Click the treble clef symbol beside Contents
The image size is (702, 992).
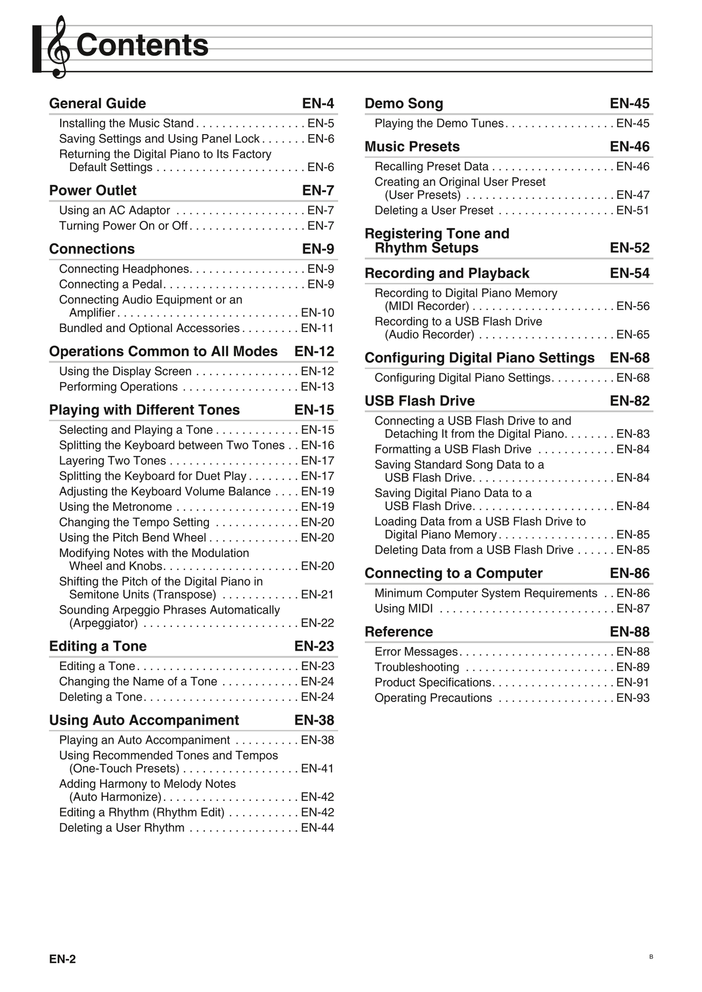(x=58, y=47)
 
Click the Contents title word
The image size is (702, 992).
(x=142, y=45)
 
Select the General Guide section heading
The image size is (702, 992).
(x=98, y=104)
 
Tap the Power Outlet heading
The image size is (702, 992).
(x=93, y=191)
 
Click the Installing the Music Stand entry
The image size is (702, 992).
(x=126, y=123)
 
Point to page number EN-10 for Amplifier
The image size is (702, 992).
(x=317, y=313)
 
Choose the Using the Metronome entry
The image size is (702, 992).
(x=116, y=507)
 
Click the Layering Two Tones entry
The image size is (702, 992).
(x=113, y=461)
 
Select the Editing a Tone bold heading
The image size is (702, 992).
(x=98, y=646)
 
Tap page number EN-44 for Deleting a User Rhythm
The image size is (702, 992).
(x=317, y=828)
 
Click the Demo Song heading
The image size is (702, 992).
(x=404, y=104)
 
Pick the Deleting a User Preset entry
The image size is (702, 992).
(x=434, y=210)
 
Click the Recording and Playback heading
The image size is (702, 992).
(x=447, y=273)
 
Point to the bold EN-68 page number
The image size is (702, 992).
(x=630, y=358)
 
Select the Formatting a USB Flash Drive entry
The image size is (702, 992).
(x=453, y=450)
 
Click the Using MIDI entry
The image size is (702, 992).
(x=404, y=609)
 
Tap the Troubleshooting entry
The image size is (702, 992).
(x=417, y=667)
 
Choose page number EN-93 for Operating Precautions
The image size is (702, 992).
(x=633, y=698)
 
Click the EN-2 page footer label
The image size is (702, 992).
(x=63, y=959)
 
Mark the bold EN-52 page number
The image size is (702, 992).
(x=630, y=248)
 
